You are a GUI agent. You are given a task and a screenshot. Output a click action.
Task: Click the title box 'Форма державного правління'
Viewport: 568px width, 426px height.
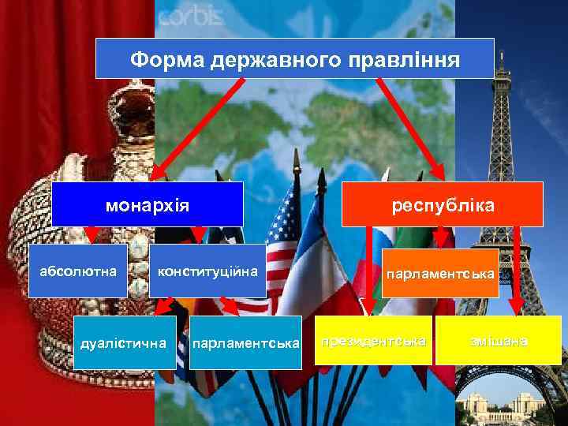tap(294, 58)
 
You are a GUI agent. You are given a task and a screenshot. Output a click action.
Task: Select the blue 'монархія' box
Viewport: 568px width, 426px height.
tap(148, 204)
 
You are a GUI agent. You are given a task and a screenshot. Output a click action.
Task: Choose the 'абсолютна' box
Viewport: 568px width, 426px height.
tap(79, 271)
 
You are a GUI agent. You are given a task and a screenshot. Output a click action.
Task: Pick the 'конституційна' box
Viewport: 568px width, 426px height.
tap(208, 271)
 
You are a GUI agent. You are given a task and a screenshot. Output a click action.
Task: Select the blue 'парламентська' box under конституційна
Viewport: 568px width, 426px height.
tap(246, 342)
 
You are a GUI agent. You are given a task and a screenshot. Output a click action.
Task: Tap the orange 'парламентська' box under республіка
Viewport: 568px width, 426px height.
tap(440, 274)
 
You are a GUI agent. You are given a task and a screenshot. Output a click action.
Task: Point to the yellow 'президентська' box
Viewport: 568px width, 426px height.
tap(373, 341)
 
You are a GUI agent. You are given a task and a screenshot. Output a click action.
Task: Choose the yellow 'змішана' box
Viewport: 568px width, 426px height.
tap(499, 341)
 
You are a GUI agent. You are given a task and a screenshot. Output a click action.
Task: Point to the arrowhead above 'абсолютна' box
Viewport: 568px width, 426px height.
tap(93, 234)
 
